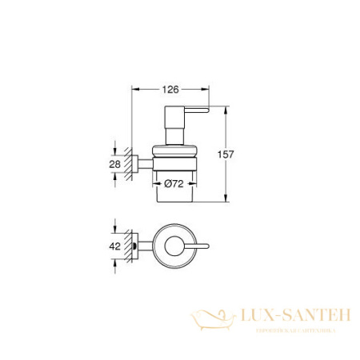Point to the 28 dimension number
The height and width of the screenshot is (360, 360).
click(x=114, y=164)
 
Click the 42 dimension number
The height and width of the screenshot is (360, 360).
click(x=114, y=246)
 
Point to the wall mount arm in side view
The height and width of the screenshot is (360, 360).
click(x=142, y=164)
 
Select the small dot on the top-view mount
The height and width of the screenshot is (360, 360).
click(x=143, y=246)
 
